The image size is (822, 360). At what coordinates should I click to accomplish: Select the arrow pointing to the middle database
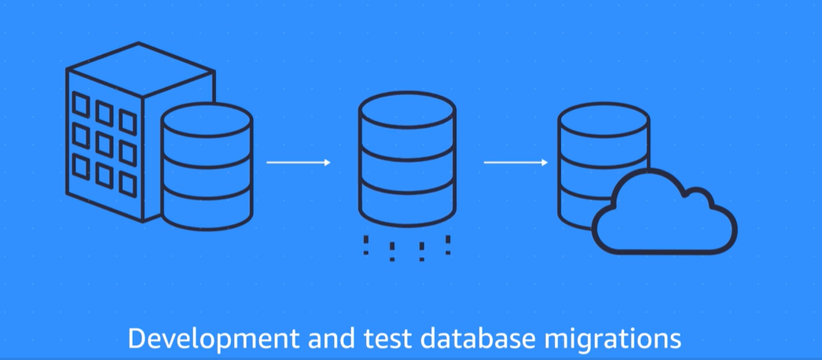pos(298,162)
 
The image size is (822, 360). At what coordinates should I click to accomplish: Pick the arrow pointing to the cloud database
pos(516,163)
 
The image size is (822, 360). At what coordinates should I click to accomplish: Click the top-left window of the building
pos(80,103)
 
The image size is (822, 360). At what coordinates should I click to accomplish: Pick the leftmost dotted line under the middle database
pos(365,244)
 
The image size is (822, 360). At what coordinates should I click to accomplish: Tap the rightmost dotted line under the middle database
pos(448,244)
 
